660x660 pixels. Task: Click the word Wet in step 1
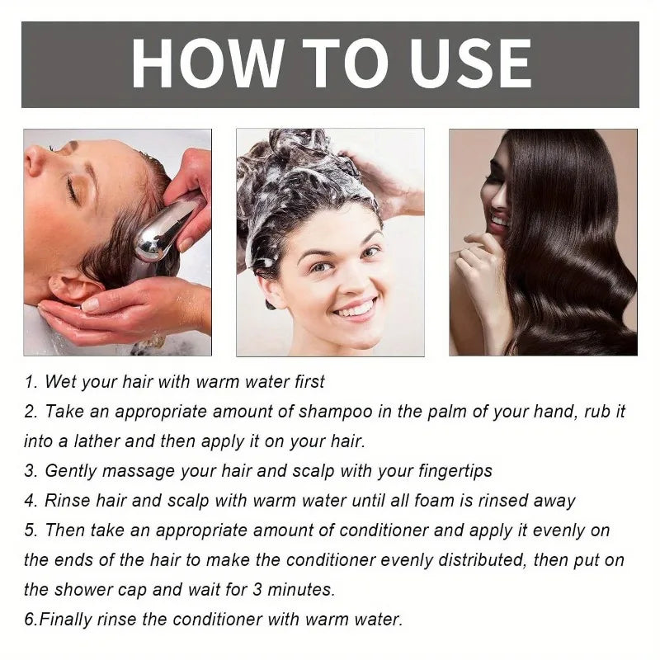[60, 382]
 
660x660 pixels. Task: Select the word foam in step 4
[455, 501]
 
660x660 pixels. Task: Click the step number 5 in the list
[29, 530]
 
